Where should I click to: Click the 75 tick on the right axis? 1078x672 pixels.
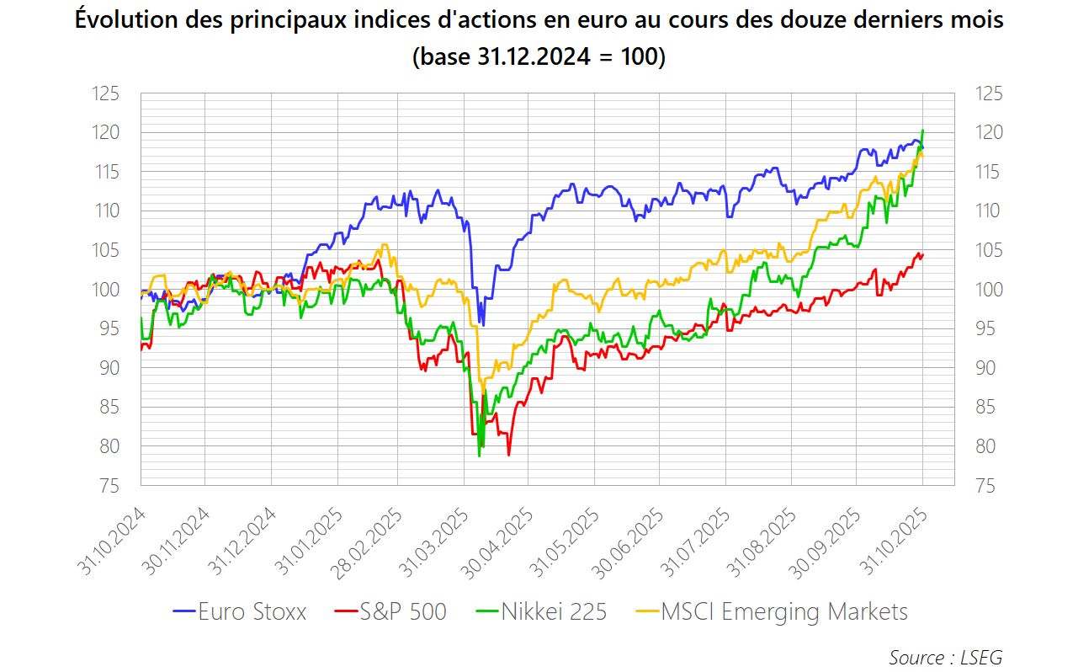click(990, 486)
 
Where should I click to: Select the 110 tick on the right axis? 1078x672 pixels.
click(990, 211)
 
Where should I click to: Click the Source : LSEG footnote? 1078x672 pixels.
click(945, 657)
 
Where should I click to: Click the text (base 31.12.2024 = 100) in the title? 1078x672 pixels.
click(539, 57)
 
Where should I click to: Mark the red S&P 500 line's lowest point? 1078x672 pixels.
click(509, 455)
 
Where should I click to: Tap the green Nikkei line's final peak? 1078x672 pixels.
click(923, 131)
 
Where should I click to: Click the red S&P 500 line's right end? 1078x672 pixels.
click(922, 254)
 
